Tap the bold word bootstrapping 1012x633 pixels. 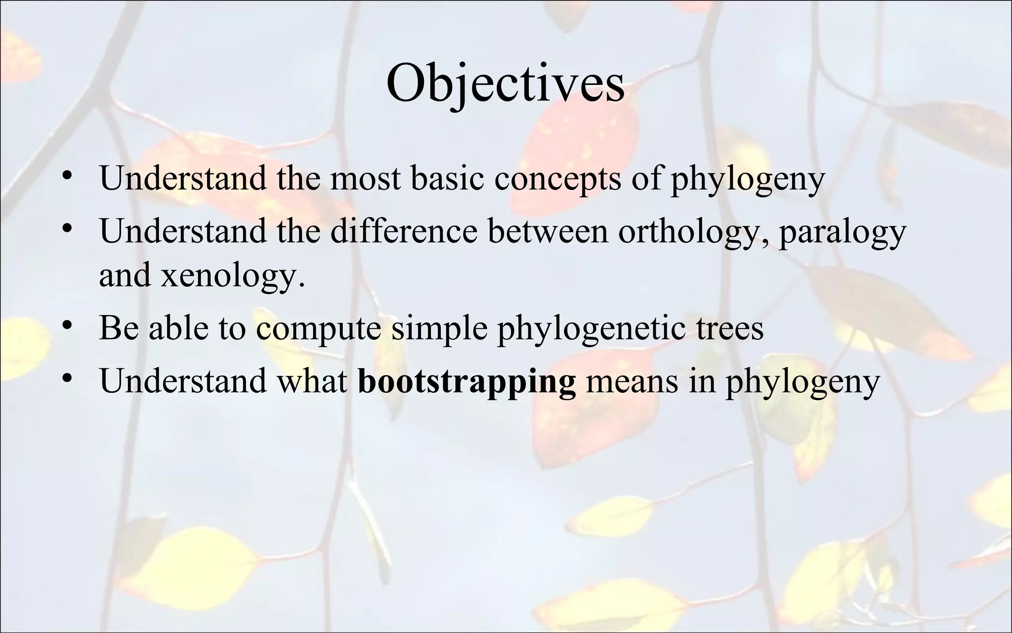pos(466,381)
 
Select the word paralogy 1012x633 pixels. pos(842,231)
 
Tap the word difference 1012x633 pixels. pos(404,230)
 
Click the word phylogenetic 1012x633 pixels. pos(588,329)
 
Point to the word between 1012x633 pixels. pos(548,230)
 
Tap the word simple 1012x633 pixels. pos(439,329)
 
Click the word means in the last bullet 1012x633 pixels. pos(632,381)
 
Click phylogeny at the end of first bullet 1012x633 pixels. pos(747,179)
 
